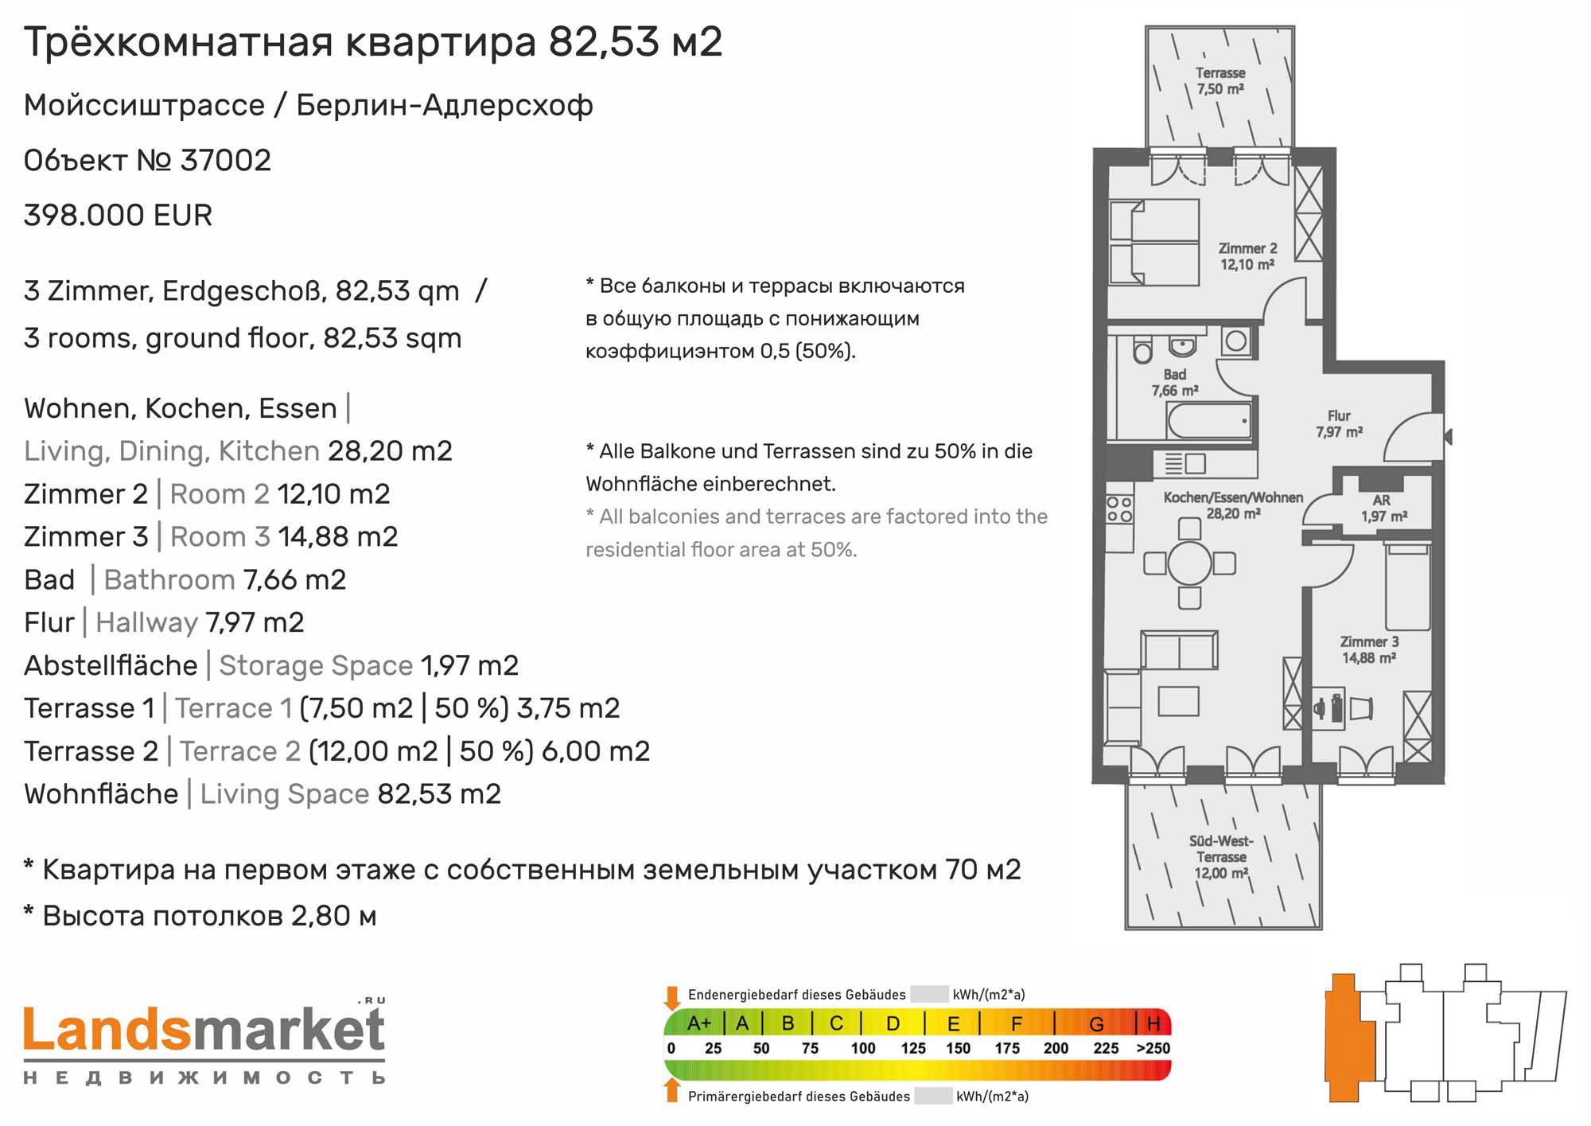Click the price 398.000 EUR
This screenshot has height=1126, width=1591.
118,216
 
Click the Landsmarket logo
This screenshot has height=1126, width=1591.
204,1042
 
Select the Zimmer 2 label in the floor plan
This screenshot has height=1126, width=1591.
1247,256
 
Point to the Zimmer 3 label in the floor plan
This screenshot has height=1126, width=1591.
1369,649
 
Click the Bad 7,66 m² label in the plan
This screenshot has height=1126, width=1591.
1175,383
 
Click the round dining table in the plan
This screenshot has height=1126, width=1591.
1189,563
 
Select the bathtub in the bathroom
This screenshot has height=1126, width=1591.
1209,420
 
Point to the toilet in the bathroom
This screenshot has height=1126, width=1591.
1143,350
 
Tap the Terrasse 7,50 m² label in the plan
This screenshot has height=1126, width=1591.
1220,81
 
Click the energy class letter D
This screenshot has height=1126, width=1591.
893,1023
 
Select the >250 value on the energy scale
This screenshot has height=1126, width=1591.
1153,1048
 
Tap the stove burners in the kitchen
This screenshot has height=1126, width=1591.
1119,509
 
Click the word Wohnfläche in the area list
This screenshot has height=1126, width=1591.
101,794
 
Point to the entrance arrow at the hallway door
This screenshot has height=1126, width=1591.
1448,436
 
